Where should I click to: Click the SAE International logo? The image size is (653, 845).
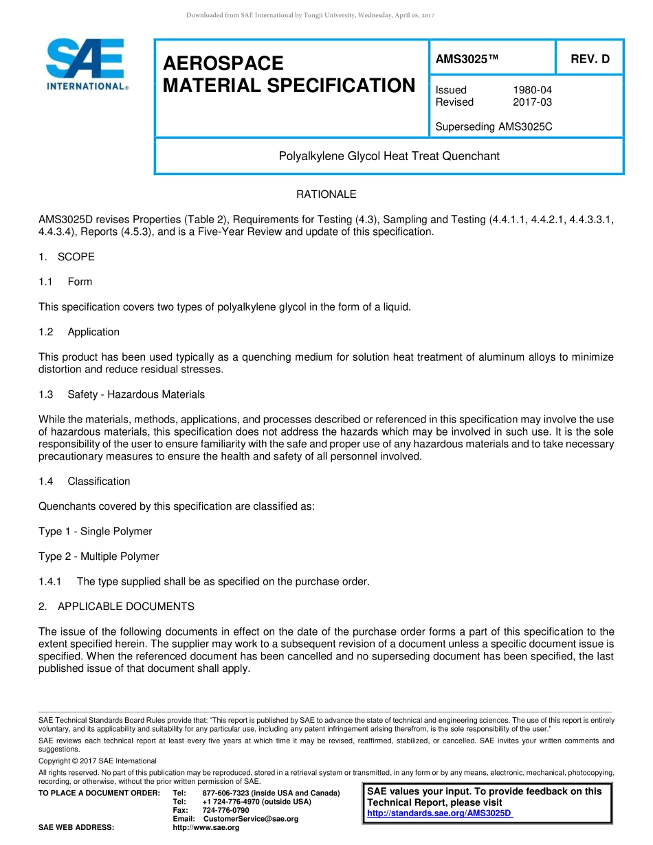pos(87,64)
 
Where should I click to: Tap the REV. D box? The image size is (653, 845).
pos(590,59)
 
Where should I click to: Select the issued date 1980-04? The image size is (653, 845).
pos(532,90)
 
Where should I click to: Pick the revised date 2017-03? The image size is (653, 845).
pos(532,102)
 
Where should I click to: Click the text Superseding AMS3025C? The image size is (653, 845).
pos(494,127)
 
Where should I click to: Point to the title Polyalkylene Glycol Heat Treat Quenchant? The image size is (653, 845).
pos(388,156)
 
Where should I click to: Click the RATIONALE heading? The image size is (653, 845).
pos(326,194)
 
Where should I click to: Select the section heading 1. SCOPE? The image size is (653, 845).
pos(67,257)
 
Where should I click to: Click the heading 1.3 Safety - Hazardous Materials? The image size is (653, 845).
pos(122,394)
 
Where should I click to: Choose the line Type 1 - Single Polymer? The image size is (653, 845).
pos(95,531)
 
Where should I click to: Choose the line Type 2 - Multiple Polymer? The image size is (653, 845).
pos(98,556)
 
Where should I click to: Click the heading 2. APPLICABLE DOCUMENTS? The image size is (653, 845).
pos(116,607)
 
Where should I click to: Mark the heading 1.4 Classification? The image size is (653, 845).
pos(85,482)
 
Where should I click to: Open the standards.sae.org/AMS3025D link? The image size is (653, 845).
pos(440,813)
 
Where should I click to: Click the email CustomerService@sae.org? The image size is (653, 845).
pos(251,819)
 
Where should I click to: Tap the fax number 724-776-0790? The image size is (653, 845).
pos(226,811)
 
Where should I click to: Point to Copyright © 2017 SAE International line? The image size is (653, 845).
pos(98,760)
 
